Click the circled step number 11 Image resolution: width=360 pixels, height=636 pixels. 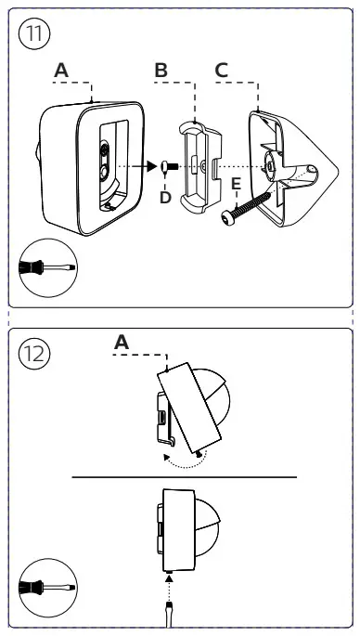pyautogui.click(x=34, y=34)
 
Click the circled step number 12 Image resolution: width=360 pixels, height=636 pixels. pyautogui.click(x=34, y=354)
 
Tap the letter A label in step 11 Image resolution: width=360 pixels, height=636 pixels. pyautogui.click(x=61, y=71)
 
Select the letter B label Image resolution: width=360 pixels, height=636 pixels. pyautogui.click(x=161, y=71)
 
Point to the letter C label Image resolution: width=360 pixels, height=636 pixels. pyautogui.click(x=222, y=71)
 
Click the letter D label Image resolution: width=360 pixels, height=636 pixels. pyautogui.click(x=165, y=198)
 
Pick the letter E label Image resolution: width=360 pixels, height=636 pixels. pyautogui.click(x=236, y=184)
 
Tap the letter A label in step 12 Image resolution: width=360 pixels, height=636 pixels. pyautogui.click(x=122, y=343)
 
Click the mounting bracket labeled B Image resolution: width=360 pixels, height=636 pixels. pyautogui.click(x=200, y=166)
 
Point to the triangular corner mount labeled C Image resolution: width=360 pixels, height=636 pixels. pyautogui.click(x=293, y=168)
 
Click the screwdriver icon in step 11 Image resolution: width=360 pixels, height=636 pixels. pyautogui.click(x=47, y=267)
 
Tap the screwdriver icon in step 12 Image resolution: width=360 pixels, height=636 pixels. pyautogui.click(x=47, y=588)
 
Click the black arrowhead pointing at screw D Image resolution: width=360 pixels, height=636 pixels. pyautogui.click(x=152, y=166)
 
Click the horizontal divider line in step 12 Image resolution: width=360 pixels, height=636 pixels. pyautogui.click(x=185, y=477)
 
